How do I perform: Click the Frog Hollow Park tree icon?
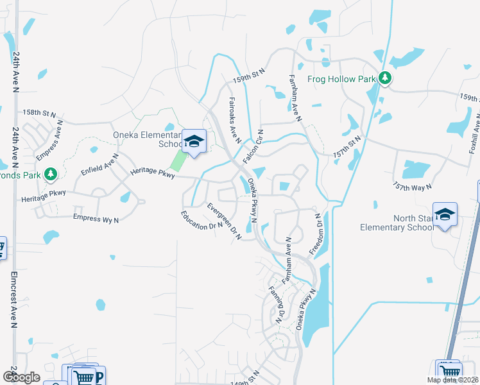[x=385, y=78]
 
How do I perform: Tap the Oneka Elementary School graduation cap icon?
[x=193, y=142]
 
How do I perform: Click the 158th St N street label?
[x=40, y=112]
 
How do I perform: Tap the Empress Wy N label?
[x=96, y=219]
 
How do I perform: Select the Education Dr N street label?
[x=201, y=220]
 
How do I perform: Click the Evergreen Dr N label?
[x=224, y=221]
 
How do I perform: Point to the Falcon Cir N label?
[x=255, y=146]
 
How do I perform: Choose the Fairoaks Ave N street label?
[x=234, y=118]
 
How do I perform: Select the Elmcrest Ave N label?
[x=14, y=302]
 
